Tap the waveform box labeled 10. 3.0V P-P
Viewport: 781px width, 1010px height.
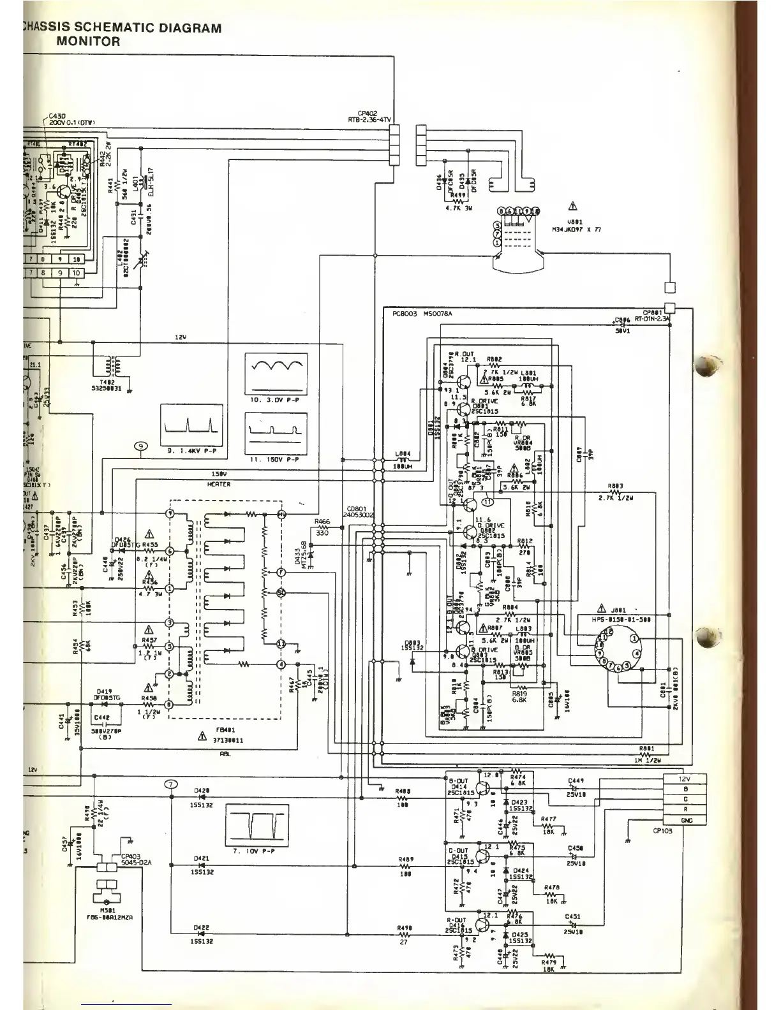276,374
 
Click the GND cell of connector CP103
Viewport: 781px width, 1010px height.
686,821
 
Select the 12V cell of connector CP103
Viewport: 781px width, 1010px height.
686,779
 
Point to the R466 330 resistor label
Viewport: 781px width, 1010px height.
322,526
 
